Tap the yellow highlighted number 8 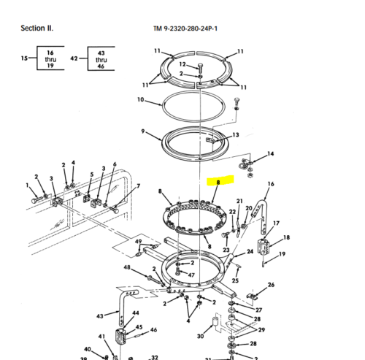(218, 181)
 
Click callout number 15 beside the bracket (24, 57)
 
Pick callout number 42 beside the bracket (74, 57)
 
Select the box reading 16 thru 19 (50, 58)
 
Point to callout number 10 (141, 99)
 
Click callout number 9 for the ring (145, 132)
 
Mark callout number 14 (271, 154)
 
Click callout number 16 (271, 184)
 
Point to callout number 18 (286, 237)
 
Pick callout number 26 (271, 285)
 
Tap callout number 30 (200, 336)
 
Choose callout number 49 (138, 242)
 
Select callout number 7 (139, 187)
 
